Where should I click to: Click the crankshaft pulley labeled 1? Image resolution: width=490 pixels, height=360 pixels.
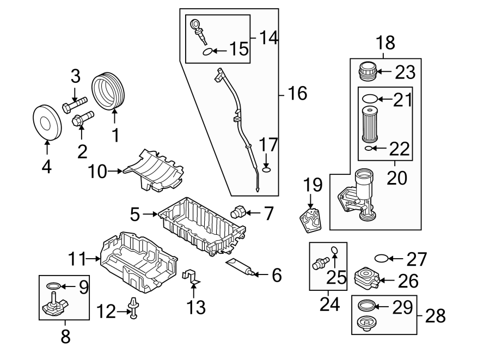(x=109, y=90)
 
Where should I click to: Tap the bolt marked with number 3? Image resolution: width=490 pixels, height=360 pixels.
(x=75, y=103)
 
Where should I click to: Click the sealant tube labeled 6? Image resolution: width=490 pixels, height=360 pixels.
(x=242, y=268)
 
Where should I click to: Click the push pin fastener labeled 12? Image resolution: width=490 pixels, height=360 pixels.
(x=133, y=309)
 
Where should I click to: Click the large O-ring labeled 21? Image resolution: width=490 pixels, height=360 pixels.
(x=369, y=99)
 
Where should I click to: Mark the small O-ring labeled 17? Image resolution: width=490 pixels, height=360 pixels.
(x=266, y=169)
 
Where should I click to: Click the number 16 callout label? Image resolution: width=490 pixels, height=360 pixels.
(x=297, y=94)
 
